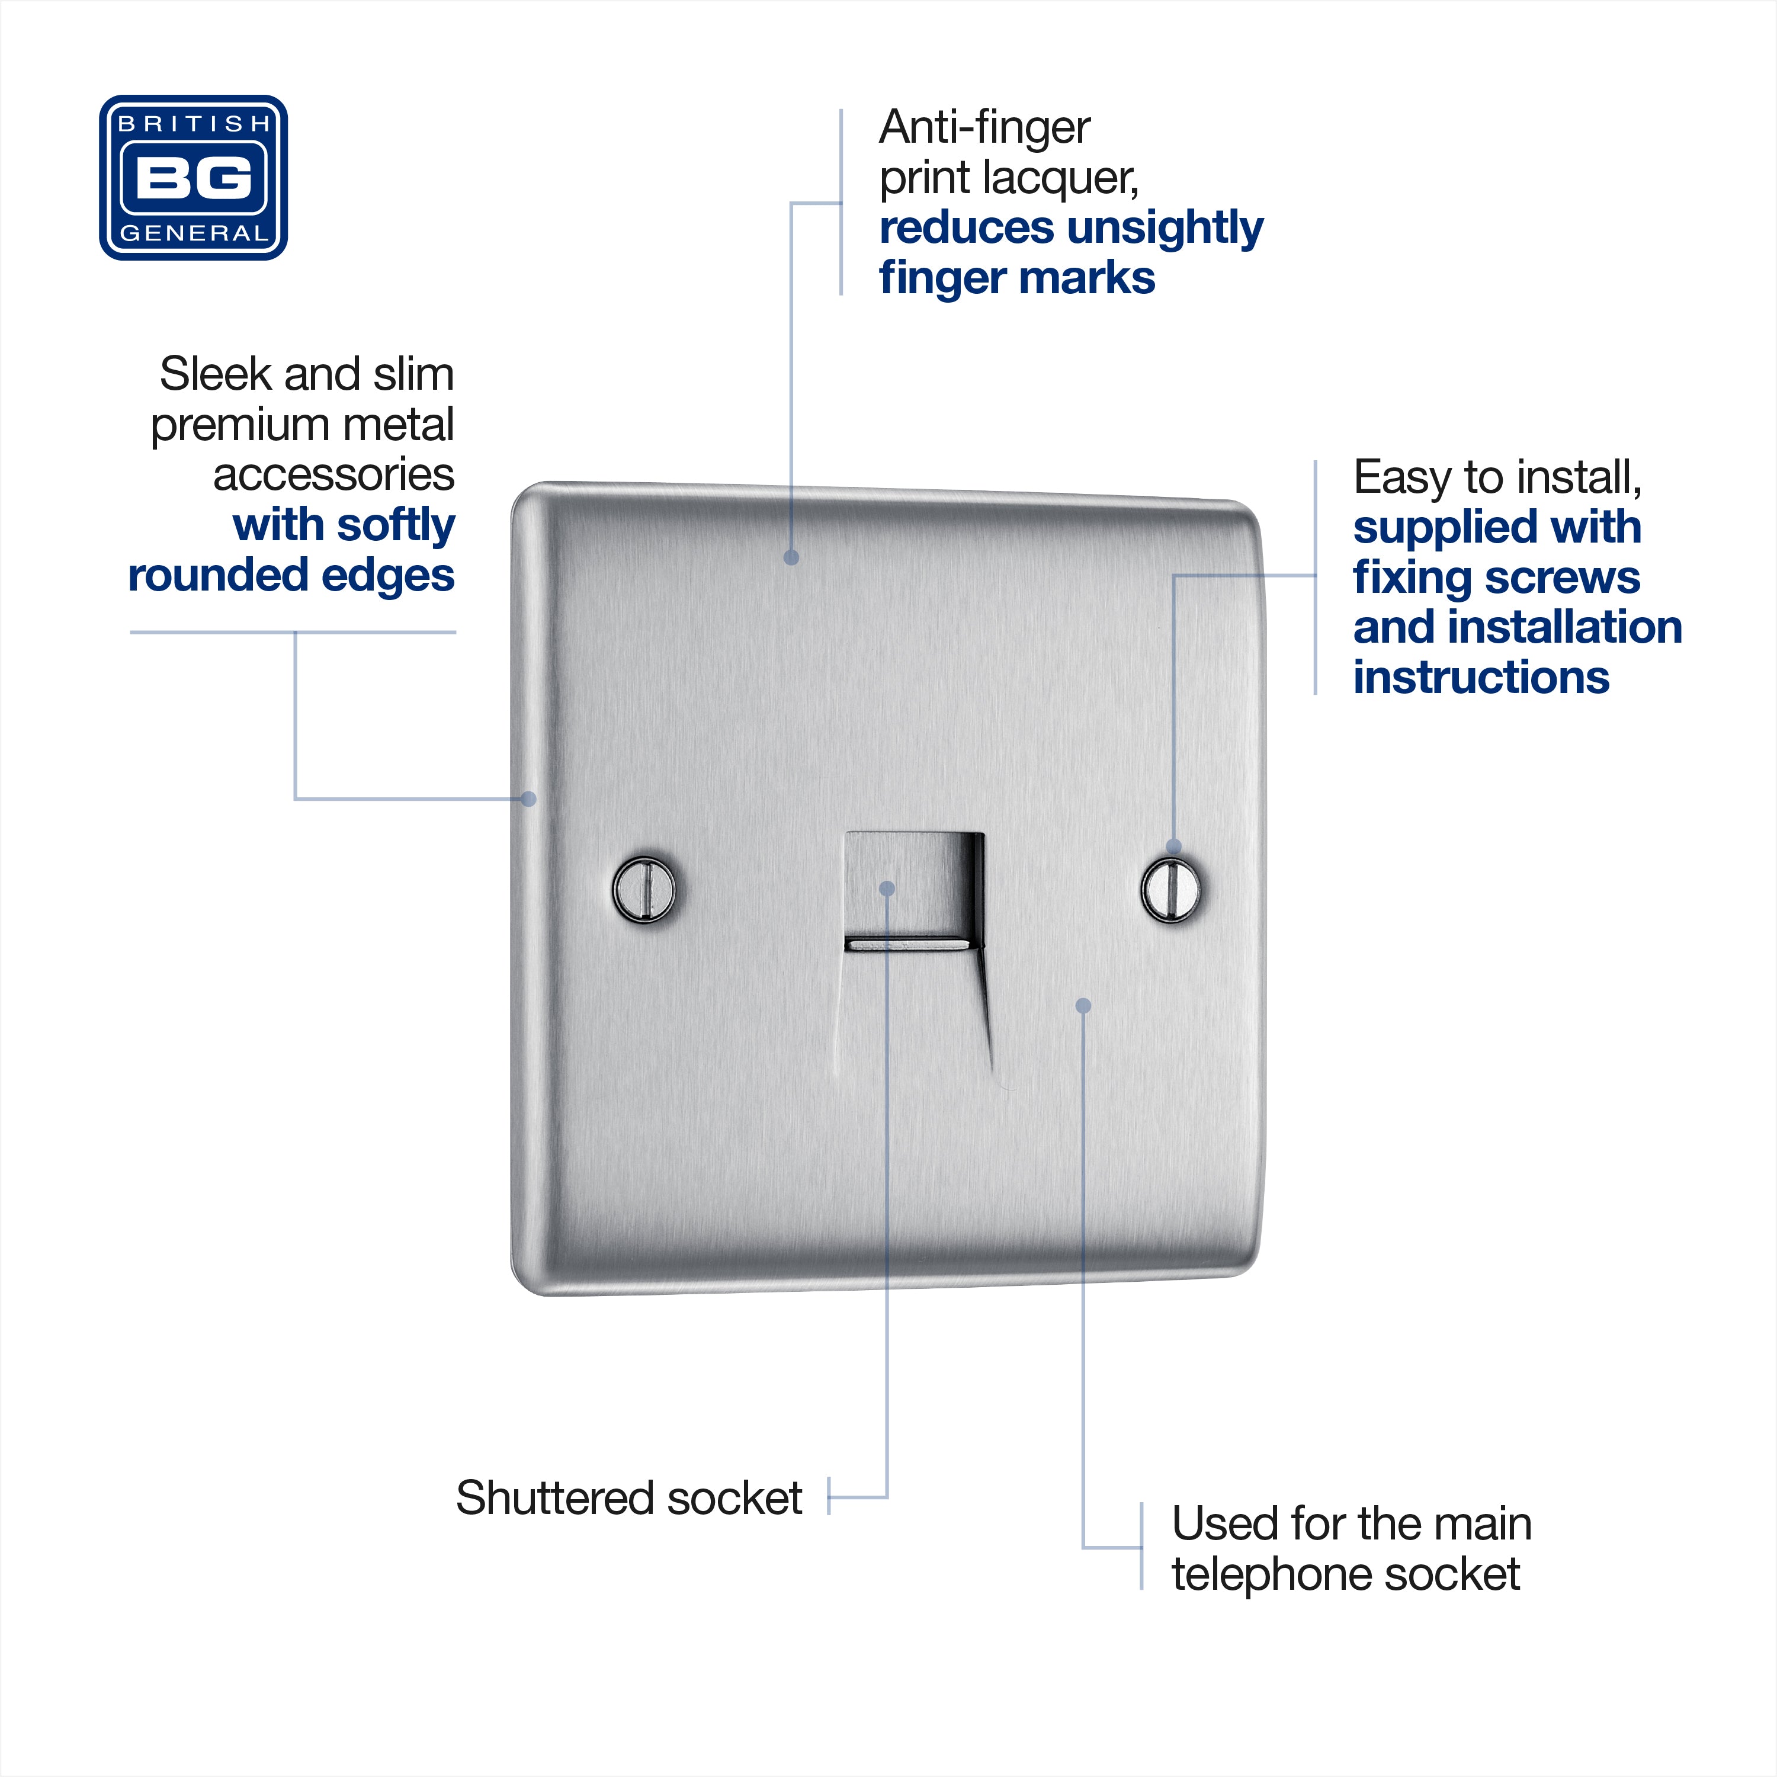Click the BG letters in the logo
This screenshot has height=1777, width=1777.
point(193,178)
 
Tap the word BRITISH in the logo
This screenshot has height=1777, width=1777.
point(194,123)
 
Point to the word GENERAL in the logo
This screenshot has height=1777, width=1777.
point(194,233)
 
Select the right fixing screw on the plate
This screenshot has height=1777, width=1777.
point(1171,889)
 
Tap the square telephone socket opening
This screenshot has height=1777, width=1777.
point(914,890)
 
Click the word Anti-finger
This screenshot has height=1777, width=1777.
point(984,128)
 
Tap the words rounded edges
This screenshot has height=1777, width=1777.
point(291,576)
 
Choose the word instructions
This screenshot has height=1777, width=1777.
point(1481,678)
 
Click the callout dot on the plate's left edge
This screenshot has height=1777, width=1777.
point(529,798)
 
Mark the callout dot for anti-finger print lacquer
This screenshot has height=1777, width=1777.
point(791,557)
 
